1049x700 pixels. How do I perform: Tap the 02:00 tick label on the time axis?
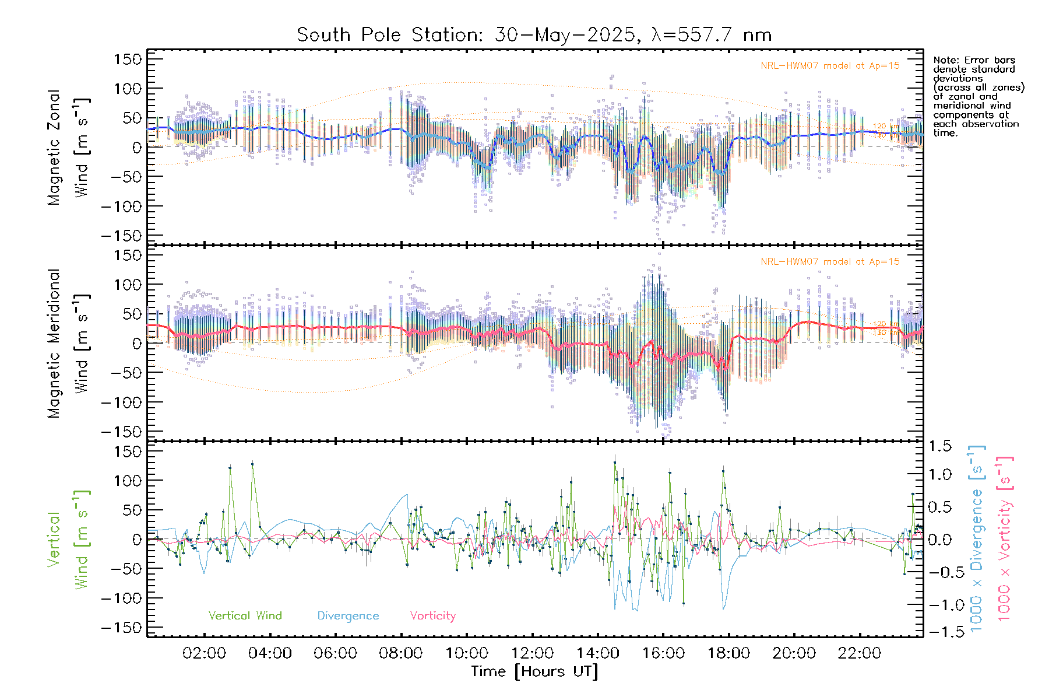pyautogui.click(x=204, y=653)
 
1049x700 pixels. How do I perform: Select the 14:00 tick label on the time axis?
pyautogui.click(x=597, y=653)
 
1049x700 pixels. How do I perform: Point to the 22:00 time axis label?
pyautogui.click(x=859, y=653)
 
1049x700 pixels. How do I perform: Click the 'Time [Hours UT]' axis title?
pyautogui.click(x=534, y=671)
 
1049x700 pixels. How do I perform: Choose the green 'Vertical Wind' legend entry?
pyautogui.click(x=245, y=616)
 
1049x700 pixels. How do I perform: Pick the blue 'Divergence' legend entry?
pyautogui.click(x=348, y=616)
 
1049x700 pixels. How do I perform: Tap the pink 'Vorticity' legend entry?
pyautogui.click(x=432, y=616)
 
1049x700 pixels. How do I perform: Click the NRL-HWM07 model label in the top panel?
pyautogui.click(x=830, y=66)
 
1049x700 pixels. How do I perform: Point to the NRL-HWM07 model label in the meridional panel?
pyautogui.click(x=830, y=262)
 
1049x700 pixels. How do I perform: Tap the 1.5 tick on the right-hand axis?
pyautogui.click(x=940, y=446)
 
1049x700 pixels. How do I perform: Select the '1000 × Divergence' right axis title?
pyautogui.click(x=977, y=538)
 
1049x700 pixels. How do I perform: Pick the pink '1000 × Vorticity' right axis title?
pyautogui.click(x=1005, y=538)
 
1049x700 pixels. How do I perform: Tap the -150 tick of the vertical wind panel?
pyautogui.click(x=121, y=628)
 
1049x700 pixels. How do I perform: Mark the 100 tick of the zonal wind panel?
pyautogui.click(x=128, y=89)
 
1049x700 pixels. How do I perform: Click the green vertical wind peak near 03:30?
pyautogui.click(x=252, y=464)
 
